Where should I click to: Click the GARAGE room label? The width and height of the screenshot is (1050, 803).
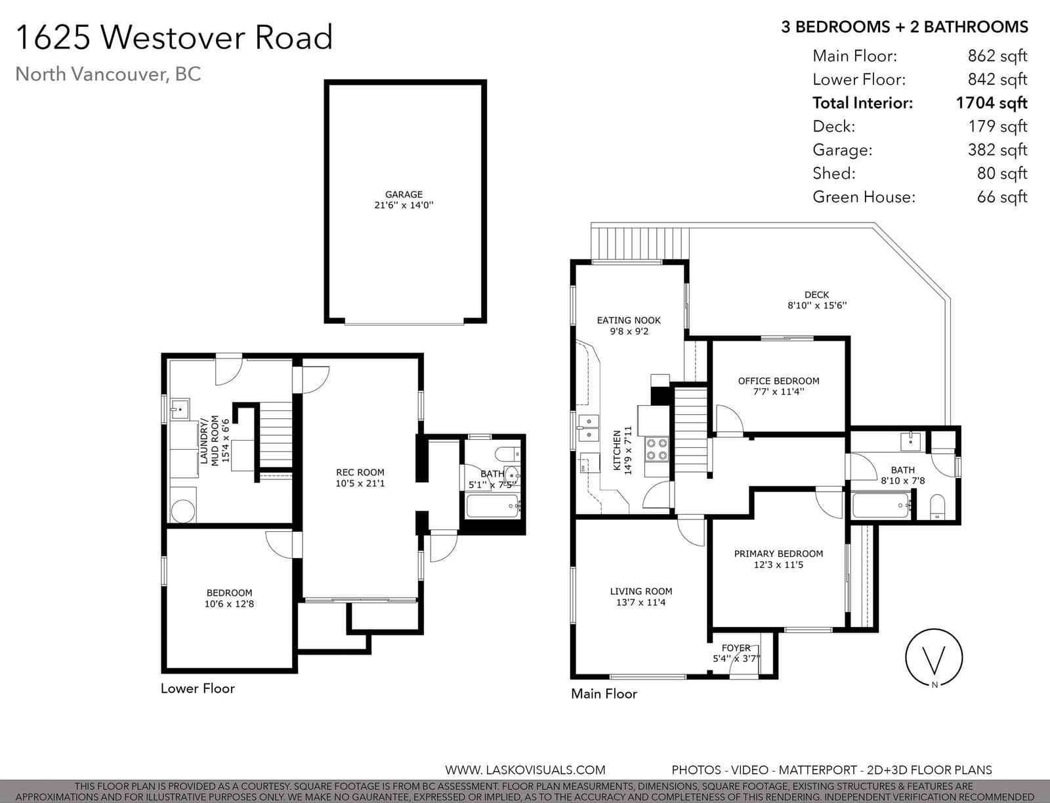(404, 194)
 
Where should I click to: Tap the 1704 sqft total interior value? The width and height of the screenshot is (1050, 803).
(992, 103)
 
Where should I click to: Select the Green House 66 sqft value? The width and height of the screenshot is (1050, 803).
(1002, 197)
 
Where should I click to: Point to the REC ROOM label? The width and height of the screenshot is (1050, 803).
(360, 472)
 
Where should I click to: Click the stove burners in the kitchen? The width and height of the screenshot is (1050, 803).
(656, 449)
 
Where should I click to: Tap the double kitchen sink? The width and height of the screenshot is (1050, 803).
(589, 428)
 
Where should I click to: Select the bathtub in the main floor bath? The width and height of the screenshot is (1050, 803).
(881, 505)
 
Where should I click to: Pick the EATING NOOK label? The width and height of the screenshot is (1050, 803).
(629, 320)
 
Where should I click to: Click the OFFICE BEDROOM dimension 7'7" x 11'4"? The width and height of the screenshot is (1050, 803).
(778, 391)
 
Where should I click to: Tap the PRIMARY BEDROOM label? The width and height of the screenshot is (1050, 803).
(778, 553)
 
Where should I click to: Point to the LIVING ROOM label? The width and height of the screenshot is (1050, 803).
(641, 591)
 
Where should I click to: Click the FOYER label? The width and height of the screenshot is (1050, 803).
(736, 648)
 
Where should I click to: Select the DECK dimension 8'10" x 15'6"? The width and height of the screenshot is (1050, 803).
(817, 305)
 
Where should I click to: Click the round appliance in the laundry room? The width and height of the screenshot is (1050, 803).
(182, 510)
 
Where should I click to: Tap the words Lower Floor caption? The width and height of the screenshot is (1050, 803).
(198, 688)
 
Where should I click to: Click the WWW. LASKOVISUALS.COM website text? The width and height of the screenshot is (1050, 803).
(525, 770)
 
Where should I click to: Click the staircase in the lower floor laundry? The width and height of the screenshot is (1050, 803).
(276, 435)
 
